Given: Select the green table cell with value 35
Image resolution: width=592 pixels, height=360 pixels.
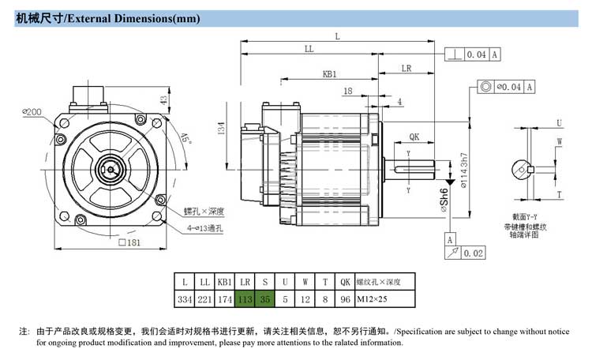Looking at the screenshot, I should pyautogui.click(x=265, y=299).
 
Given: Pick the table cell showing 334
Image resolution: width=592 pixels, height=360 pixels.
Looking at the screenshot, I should pyautogui.click(x=185, y=299).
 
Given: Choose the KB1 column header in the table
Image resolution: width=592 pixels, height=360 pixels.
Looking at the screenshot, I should pyautogui.click(x=225, y=282).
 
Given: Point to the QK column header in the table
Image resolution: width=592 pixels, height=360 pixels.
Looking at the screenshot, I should pyautogui.click(x=345, y=282).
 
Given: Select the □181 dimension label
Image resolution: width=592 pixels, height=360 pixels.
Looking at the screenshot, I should pyautogui.click(x=129, y=242).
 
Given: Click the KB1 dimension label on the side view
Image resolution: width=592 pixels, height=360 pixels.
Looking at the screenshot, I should pyautogui.click(x=330, y=73).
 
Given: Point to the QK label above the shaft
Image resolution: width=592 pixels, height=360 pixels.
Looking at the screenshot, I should pyautogui.click(x=414, y=137).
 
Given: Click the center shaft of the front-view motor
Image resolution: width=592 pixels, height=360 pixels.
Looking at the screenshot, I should pyautogui.click(x=113, y=168).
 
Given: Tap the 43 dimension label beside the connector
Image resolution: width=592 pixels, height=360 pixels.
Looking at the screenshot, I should pyautogui.click(x=163, y=100).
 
